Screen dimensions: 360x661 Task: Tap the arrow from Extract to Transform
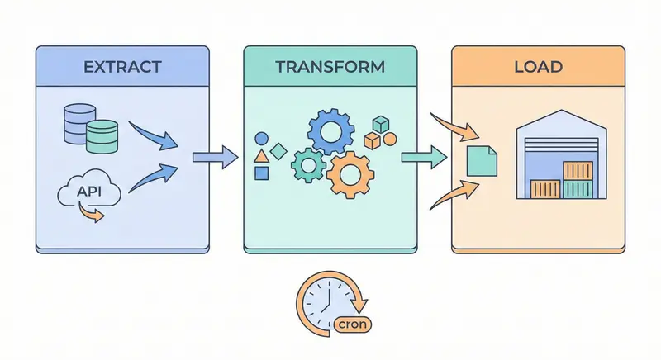(214, 158)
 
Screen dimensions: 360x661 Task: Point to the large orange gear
(352, 174)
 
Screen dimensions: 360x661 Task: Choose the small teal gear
(307, 164)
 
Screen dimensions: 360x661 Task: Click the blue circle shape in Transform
(262, 138)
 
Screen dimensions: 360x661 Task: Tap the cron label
(354, 324)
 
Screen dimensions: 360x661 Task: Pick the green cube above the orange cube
(381, 124)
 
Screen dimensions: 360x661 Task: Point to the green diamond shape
(278, 152)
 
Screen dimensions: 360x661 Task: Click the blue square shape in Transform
(262, 173)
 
